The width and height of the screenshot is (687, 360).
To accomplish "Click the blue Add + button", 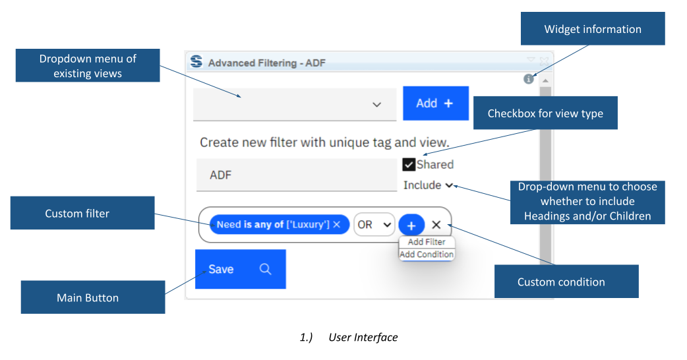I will pyautogui.click(x=435, y=104).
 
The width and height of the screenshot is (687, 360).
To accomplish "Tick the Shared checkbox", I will pyautogui.click(x=409, y=165).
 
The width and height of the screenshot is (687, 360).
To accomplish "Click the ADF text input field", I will pyautogui.click(x=295, y=175).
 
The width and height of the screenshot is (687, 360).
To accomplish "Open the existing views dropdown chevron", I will pyautogui.click(x=377, y=105).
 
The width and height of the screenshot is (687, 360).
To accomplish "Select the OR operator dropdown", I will pyautogui.click(x=374, y=225).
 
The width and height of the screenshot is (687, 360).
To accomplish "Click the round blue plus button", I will pyautogui.click(x=411, y=225).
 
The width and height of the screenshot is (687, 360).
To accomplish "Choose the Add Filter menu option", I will pyautogui.click(x=427, y=242).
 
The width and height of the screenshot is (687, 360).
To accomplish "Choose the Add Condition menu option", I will pyautogui.click(x=427, y=255).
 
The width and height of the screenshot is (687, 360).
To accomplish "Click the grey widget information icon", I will pyautogui.click(x=528, y=79).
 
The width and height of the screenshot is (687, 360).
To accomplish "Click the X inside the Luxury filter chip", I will pyautogui.click(x=337, y=225).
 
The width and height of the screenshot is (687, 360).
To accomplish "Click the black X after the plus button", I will pyautogui.click(x=436, y=225).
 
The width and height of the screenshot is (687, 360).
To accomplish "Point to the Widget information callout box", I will pyautogui.click(x=593, y=30).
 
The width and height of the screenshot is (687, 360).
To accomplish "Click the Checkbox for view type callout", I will pyautogui.click(x=545, y=113).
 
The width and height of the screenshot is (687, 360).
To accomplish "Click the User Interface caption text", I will pyautogui.click(x=363, y=337).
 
